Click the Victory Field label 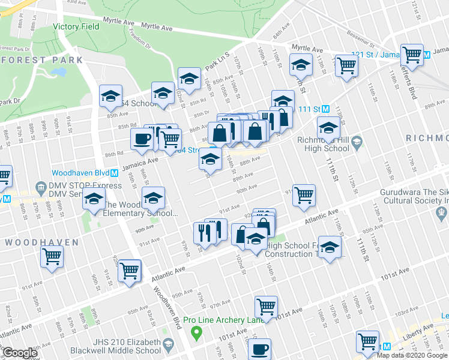pyautogui.click(x=74, y=27)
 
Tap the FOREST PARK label pyautogui.click(x=42, y=60)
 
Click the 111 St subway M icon pyautogui.click(x=325, y=109)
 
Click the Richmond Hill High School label pyautogui.click(x=323, y=144)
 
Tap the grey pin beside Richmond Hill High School pyautogui.click(x=357, y=143)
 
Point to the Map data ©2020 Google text pyautogui.click(x=412, y=355)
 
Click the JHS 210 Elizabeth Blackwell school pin pyautogui.click(x=169, y=345)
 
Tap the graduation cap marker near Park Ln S pyautogui.click(x=189, y=78)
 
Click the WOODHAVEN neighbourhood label pyautogui.click(x=42, y=242)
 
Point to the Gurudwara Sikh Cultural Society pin pyautogui.click(x=441, y=211)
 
